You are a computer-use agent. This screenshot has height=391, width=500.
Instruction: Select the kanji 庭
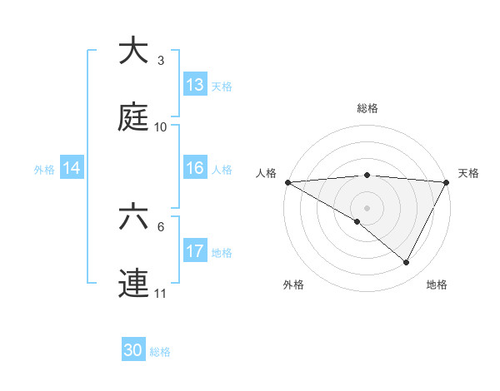(x=133, y=118)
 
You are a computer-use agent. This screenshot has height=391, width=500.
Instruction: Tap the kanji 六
(x=133, y=218)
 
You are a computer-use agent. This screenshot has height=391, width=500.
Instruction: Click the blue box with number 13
(x=195, y=85)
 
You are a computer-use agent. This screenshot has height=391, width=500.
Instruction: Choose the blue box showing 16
(x=195, y=168)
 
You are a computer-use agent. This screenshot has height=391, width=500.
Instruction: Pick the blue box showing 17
(x=195, y=251)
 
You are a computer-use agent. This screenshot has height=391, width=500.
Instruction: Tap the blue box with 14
(x=72, y=168)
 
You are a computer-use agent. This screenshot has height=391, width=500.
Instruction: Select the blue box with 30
(x=133, y=350)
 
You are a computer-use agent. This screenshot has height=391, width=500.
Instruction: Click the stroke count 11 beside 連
(x=161, y=294)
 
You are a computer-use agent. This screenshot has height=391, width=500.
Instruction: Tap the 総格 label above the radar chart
(x=367, y=108)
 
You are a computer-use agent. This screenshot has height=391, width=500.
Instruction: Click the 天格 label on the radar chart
(x=468, y=173)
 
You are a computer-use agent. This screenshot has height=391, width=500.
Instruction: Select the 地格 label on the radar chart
(x=437, y=285)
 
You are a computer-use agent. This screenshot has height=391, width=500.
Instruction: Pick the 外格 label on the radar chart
(x=293, y=285)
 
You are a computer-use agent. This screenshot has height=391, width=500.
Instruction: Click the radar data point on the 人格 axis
(x=287, y=182)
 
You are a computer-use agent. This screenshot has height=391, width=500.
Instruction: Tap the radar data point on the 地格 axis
(x=407, y=263)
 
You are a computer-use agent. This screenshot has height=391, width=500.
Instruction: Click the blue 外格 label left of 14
(x=44, y=169)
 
